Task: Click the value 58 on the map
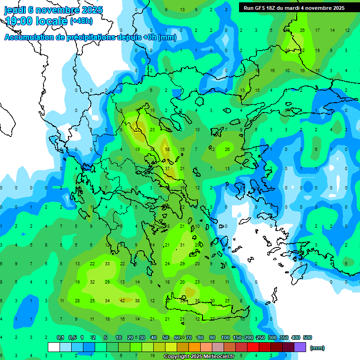pyautogui.click(x=167, y=149)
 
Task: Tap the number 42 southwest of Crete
pyautogui.click(x=122, y=300)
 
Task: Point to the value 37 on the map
pyautogui.click(x=167, y=168)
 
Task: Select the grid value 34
pyautogui.click(x=107, y=300)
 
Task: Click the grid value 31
pyautogui.click(x=182, y=245)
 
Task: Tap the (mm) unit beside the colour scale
pyautogui.click(x=317, y=348)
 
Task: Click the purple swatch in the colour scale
pyautogui.click(x=300, y=347)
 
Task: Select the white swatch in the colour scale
pyautogui.click(x=54, y=347)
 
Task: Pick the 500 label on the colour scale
pyautogui.click(x=307, y=337)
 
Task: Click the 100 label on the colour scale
pyautogui.click(x=225, y=337)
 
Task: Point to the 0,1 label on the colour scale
pyautogui.click(x=60, y=337)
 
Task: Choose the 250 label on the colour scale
pyautogui.click(x=260, y=337)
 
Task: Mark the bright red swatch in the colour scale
pyautogui.click(x=253, y=347)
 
